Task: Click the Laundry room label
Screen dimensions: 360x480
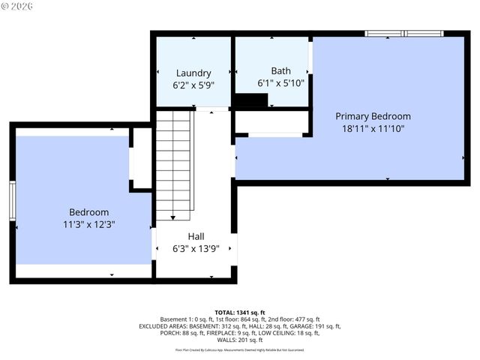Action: (x=193, y=73)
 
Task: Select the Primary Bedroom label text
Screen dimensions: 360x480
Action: (x=373, y=116)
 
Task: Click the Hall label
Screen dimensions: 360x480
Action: (x=196, y=236)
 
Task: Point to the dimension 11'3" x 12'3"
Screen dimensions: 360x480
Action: (x=88, y=224)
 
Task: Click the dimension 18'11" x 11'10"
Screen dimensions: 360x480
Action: (x=373, y=128)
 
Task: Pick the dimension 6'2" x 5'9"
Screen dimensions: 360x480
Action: (x=193, y=85)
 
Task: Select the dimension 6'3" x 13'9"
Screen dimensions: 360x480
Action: (x=196, y=249)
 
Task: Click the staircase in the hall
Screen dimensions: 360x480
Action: (x=174, y=165)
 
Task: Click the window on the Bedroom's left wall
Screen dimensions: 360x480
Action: (x=13, y=200)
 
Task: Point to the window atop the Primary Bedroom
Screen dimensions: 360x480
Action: (x=403, y=34)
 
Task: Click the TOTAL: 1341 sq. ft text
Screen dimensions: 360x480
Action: (x=240, y=312)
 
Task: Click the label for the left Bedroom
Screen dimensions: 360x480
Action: (x=88, y=212)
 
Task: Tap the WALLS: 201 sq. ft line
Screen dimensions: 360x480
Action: (x=240, y=340)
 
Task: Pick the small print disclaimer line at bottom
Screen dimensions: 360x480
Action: (x=240, y=349)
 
